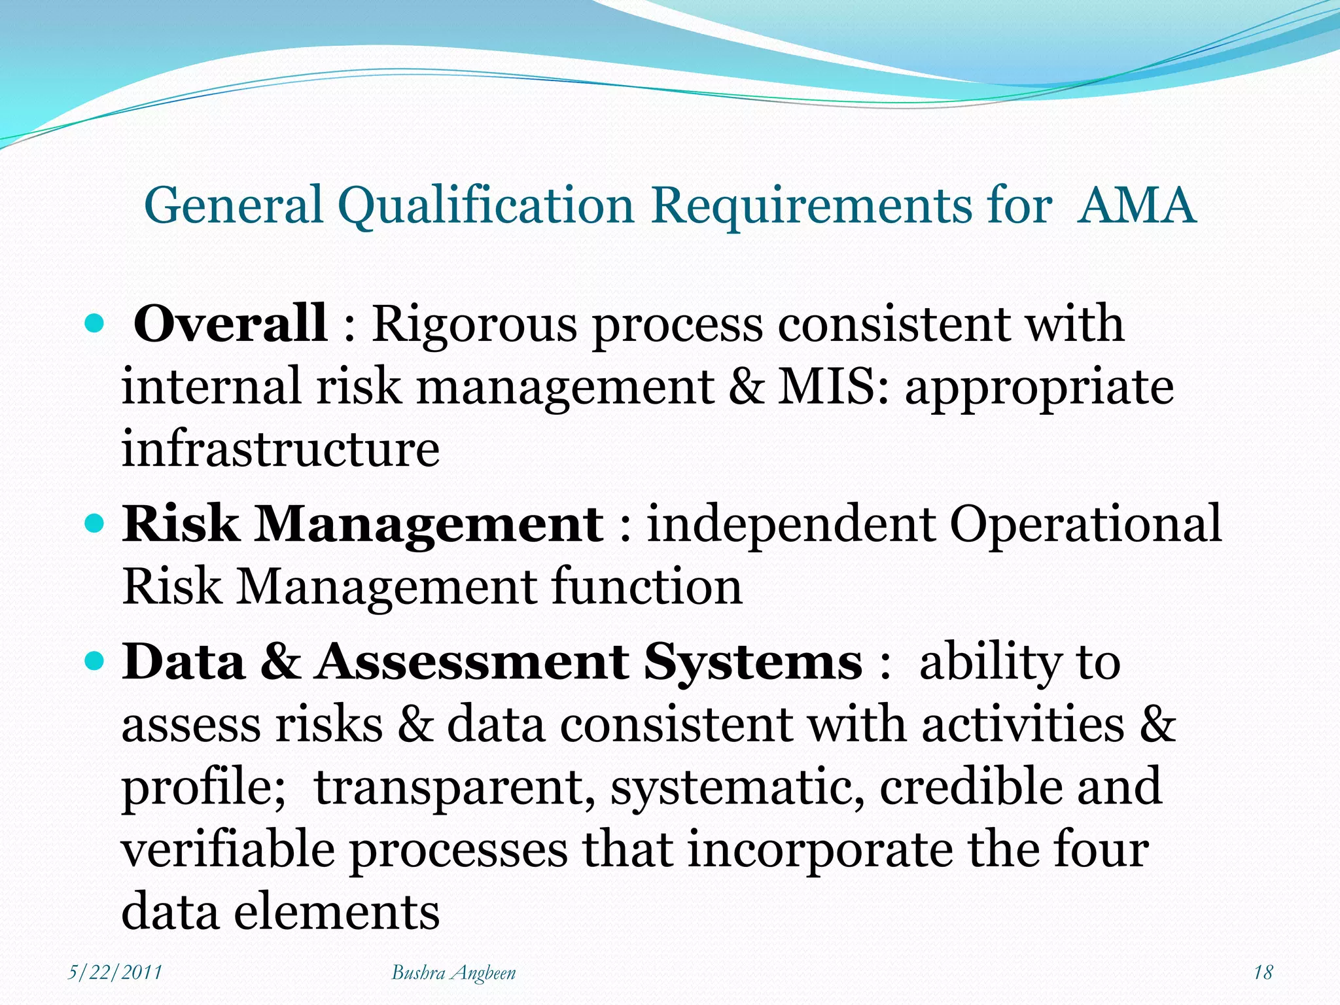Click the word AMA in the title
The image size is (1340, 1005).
pyautogui.click(x=1137, y=205)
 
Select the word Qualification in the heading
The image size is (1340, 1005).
pyautogui.click(x=487, y=205)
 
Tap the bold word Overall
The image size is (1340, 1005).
pyautogui.click(x=230, y=323)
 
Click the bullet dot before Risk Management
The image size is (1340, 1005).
pyautogui.click(x=96, y=523)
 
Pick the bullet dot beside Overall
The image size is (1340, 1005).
pyautogui.click(x=96, y=323)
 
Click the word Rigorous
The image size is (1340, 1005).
pyautogui.click(x=474, y=325)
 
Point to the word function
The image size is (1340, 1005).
pyautogui.click(x=648, y=586)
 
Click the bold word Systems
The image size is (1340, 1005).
pyautogui.click(x=753, y=662)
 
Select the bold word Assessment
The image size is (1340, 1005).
pyautogui.click(x=472, y=662)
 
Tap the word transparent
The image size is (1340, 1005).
pyautogui.click(x=455, y=788)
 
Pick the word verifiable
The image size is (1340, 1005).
pyautogui.click(x=228, y=849)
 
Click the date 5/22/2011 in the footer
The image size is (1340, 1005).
pyautogui.click(x=115, y=972)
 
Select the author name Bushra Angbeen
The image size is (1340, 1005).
pyautogui.click(x=453, y=973)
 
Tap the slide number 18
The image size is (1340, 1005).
pyautogui.click(x=1262, y=972)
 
